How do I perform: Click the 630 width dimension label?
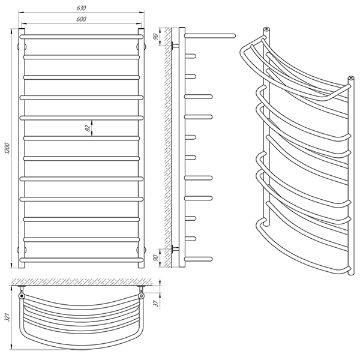81,8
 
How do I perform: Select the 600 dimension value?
81,19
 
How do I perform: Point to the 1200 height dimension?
7,148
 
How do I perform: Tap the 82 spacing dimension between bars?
88,128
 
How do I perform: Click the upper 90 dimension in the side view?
156,37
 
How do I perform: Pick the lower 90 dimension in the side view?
156,258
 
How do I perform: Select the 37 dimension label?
157,304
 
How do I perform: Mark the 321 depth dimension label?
8,317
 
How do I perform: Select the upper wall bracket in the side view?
175,46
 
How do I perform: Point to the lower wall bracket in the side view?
175,248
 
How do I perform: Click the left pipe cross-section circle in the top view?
22,296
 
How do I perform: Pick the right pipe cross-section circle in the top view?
141,296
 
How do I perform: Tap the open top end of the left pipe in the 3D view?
266,29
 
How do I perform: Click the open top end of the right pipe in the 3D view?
351,78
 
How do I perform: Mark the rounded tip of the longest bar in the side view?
234,35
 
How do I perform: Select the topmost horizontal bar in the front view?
82,37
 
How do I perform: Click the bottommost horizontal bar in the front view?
82,260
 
